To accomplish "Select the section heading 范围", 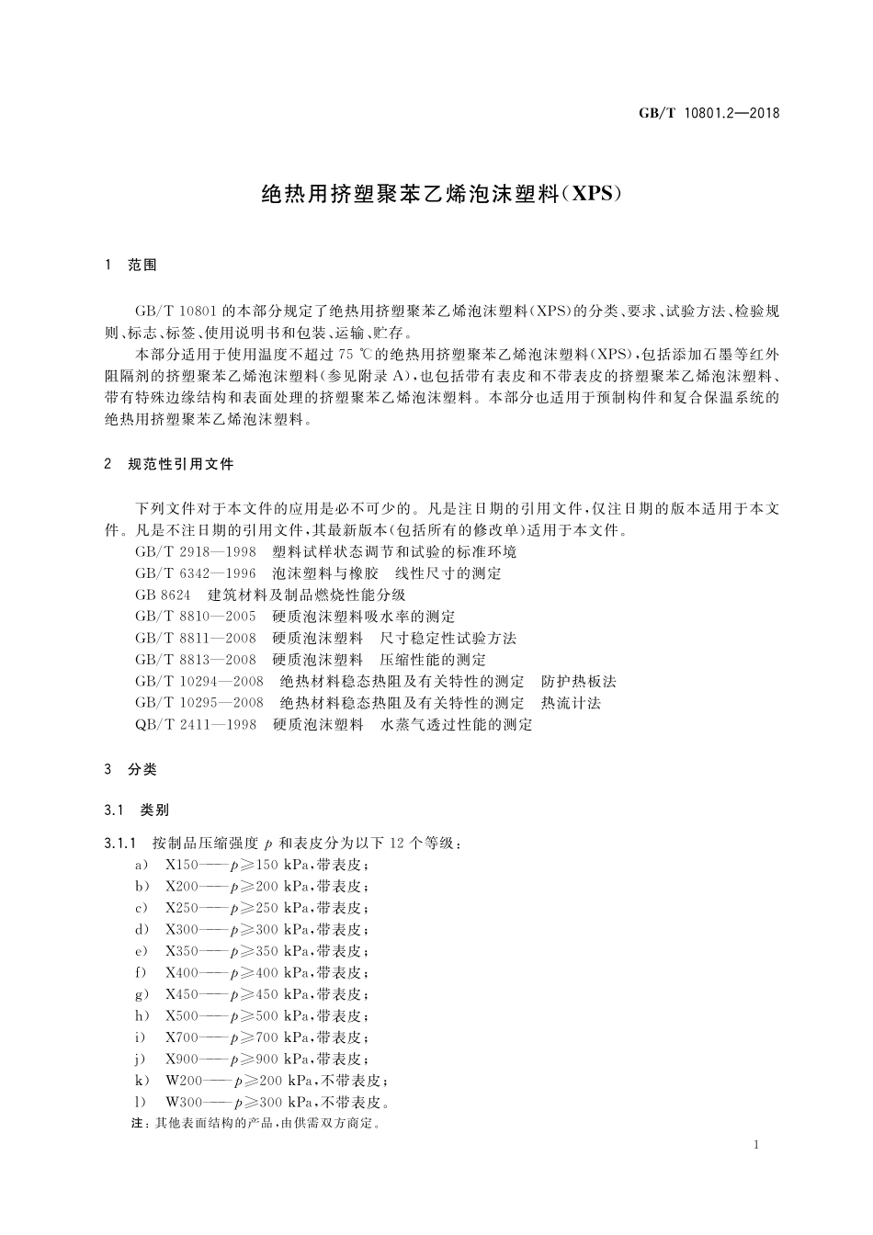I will [142, 266].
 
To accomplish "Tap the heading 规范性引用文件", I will [181, 465].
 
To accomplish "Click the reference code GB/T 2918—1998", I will [195, 552].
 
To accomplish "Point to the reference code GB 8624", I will [163, 595].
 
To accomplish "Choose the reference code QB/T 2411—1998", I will [195, 725].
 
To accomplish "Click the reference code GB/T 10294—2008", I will [198, 682].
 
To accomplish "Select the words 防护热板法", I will [579, 682].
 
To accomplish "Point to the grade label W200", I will [184, 1082].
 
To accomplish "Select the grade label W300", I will [184, 1103].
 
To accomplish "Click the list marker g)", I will [142, 995].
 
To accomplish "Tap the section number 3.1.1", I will [121, 844].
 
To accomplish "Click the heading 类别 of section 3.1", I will [154, 810].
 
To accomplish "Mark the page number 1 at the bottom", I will [755, 1145].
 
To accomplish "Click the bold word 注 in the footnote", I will [139, 1124].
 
